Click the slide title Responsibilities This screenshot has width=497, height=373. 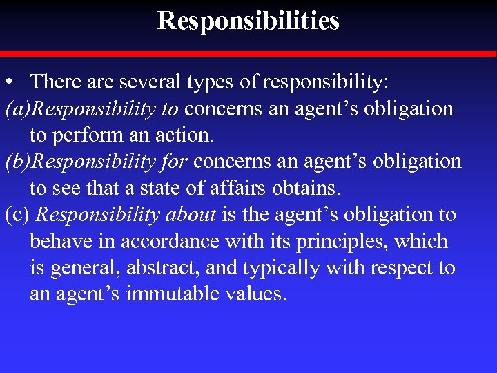(x=248, y=21)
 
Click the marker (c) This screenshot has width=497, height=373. (x=17, y=215)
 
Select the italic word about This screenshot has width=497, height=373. (x=191, y=215)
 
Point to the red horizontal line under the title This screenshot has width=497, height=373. (x=248, y=53)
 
